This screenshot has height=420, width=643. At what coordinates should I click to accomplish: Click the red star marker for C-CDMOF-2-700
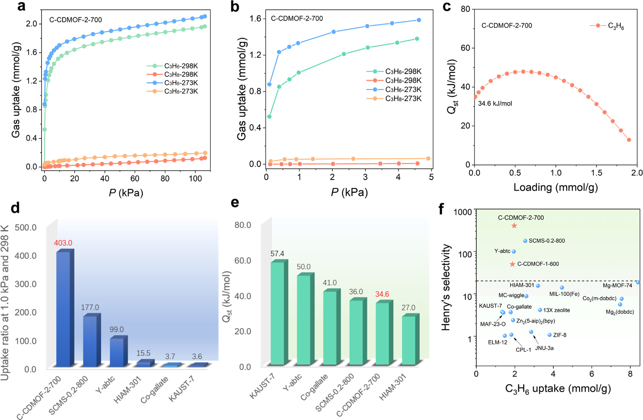click(514, 226)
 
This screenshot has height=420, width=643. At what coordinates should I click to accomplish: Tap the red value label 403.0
click(63, 243)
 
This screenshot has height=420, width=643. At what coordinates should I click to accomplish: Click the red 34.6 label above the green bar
click(382, 294)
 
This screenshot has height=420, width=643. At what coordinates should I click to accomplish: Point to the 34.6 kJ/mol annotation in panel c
click(495, 104)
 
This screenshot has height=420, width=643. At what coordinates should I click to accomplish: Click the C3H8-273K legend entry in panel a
click(181, 91)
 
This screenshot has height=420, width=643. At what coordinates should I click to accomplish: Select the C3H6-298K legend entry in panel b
click(403, 71)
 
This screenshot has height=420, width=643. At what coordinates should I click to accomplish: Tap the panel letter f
click(441, 209)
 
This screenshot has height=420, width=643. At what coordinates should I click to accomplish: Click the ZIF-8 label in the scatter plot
click(559, 335)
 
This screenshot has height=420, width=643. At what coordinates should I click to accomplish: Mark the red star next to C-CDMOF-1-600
click(512, 264)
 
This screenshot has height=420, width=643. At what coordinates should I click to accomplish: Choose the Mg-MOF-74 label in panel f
click(617, 286)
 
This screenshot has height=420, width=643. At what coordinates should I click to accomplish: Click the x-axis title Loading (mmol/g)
click(555, 187)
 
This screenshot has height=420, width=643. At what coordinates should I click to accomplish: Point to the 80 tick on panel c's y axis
click(465, 9)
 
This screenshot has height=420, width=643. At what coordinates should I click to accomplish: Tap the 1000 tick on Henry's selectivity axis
click(463, 212)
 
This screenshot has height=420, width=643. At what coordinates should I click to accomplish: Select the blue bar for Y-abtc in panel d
click(117, 352)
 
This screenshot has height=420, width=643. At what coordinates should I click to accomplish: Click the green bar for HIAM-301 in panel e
click(408, 340)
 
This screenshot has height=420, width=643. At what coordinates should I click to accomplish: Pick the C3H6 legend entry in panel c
click(616, 26)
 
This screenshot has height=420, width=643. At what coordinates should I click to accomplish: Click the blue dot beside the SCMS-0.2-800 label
click(525, 241)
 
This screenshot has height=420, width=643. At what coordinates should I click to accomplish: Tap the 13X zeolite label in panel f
click(556, 310)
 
